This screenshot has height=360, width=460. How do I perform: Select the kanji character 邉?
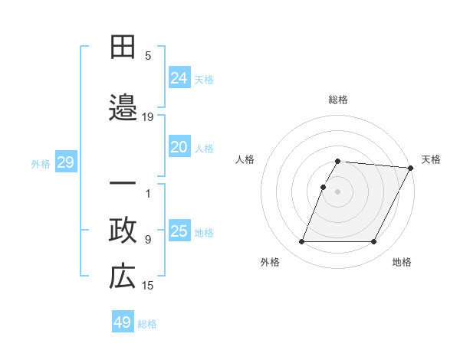(x=123, y=108)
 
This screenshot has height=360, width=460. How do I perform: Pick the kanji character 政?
(x=123, y=231)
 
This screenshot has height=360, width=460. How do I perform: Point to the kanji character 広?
(x=123, y=277)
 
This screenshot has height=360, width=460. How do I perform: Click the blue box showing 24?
(x=179, y=77)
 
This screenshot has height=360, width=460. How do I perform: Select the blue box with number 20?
(x=179, y=147)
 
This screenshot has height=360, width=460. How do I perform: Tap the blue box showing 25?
(x=179, y=231)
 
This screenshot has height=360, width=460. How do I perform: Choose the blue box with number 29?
(x=65, y=162)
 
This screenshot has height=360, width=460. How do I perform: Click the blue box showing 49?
(x=123, y=322)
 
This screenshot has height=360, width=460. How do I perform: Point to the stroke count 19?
(x=148, y=116)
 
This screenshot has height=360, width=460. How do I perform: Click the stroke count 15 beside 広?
(x=148, y=286)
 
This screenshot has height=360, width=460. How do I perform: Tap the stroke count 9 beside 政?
(x=148, y=239)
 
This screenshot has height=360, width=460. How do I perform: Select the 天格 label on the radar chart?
(x=431, y=159)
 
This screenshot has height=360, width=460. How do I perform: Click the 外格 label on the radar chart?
(x=270, y=262)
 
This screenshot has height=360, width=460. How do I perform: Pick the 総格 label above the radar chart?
(x=338, y=100)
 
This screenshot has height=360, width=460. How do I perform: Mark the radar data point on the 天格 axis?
(x=412, y=168)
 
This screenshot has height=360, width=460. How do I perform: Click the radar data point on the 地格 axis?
(x=374, y=242)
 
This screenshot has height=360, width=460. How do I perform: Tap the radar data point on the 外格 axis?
(x=301, y=242)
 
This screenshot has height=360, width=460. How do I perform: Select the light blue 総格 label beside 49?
(x=147, y=324)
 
